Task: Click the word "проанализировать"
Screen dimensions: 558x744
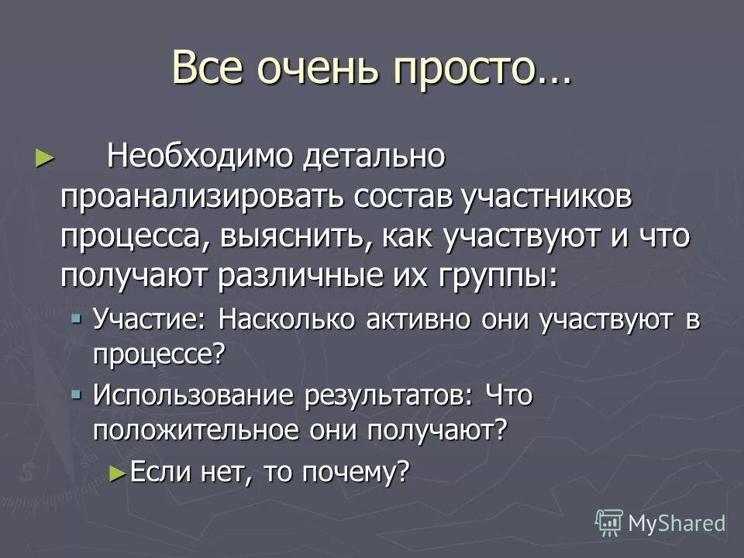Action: pyautogui.click(x=203, y=198)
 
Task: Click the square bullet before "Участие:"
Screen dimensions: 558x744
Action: pyautogui.click(x=76, y=318)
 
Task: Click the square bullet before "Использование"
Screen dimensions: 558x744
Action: pyautogui.click(x=76, y=394)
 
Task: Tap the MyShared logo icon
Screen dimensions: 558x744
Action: pyautogui.click(x=609, y=523)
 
